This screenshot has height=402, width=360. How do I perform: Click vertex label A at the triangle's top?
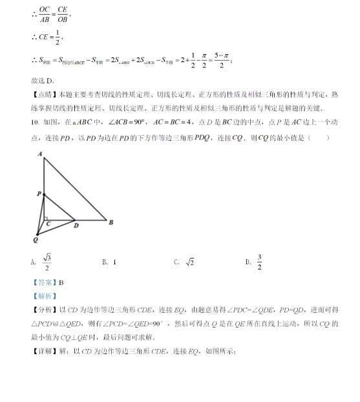[40, 154]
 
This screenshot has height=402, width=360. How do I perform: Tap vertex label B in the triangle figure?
[111, 223]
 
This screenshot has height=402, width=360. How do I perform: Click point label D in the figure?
[77, 225]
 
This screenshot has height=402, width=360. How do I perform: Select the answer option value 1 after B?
[114, 262]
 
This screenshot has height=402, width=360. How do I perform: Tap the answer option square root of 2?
[190, 262]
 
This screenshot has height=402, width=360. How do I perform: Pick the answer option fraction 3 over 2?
[259, 262]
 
